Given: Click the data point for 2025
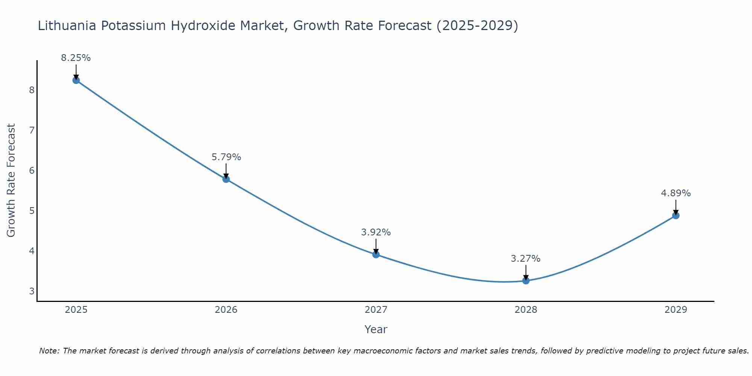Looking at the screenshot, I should [x=76, y=80].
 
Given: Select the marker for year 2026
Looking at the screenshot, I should [x=226, y=179].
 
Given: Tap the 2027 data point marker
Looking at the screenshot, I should [x=376, y=255].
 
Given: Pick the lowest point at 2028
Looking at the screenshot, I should [x=526, y=280].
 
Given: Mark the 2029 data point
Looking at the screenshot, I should [x=676, y=215].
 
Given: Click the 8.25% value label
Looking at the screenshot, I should [x=76, y=58].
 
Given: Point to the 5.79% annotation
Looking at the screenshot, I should [x=226, y=157].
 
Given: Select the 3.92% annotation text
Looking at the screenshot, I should [x=376, y=232].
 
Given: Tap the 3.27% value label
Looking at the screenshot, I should [x=526, y=259].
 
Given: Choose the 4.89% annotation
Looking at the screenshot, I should [x=676, y=193].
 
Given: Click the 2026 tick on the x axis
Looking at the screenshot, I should [x=226, y=310].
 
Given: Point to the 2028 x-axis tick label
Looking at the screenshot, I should [x=526, y=310].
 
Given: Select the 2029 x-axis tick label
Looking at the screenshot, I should [x=676, y=310].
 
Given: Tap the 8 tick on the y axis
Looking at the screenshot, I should [x=32, y=90].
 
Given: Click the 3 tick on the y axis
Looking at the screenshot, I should [x=32, y=291].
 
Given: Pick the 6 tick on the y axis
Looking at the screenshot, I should [x=32, y=170].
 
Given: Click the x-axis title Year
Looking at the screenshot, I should [x=376, y=329].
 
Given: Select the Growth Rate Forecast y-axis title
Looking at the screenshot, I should [x=11, y=180].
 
